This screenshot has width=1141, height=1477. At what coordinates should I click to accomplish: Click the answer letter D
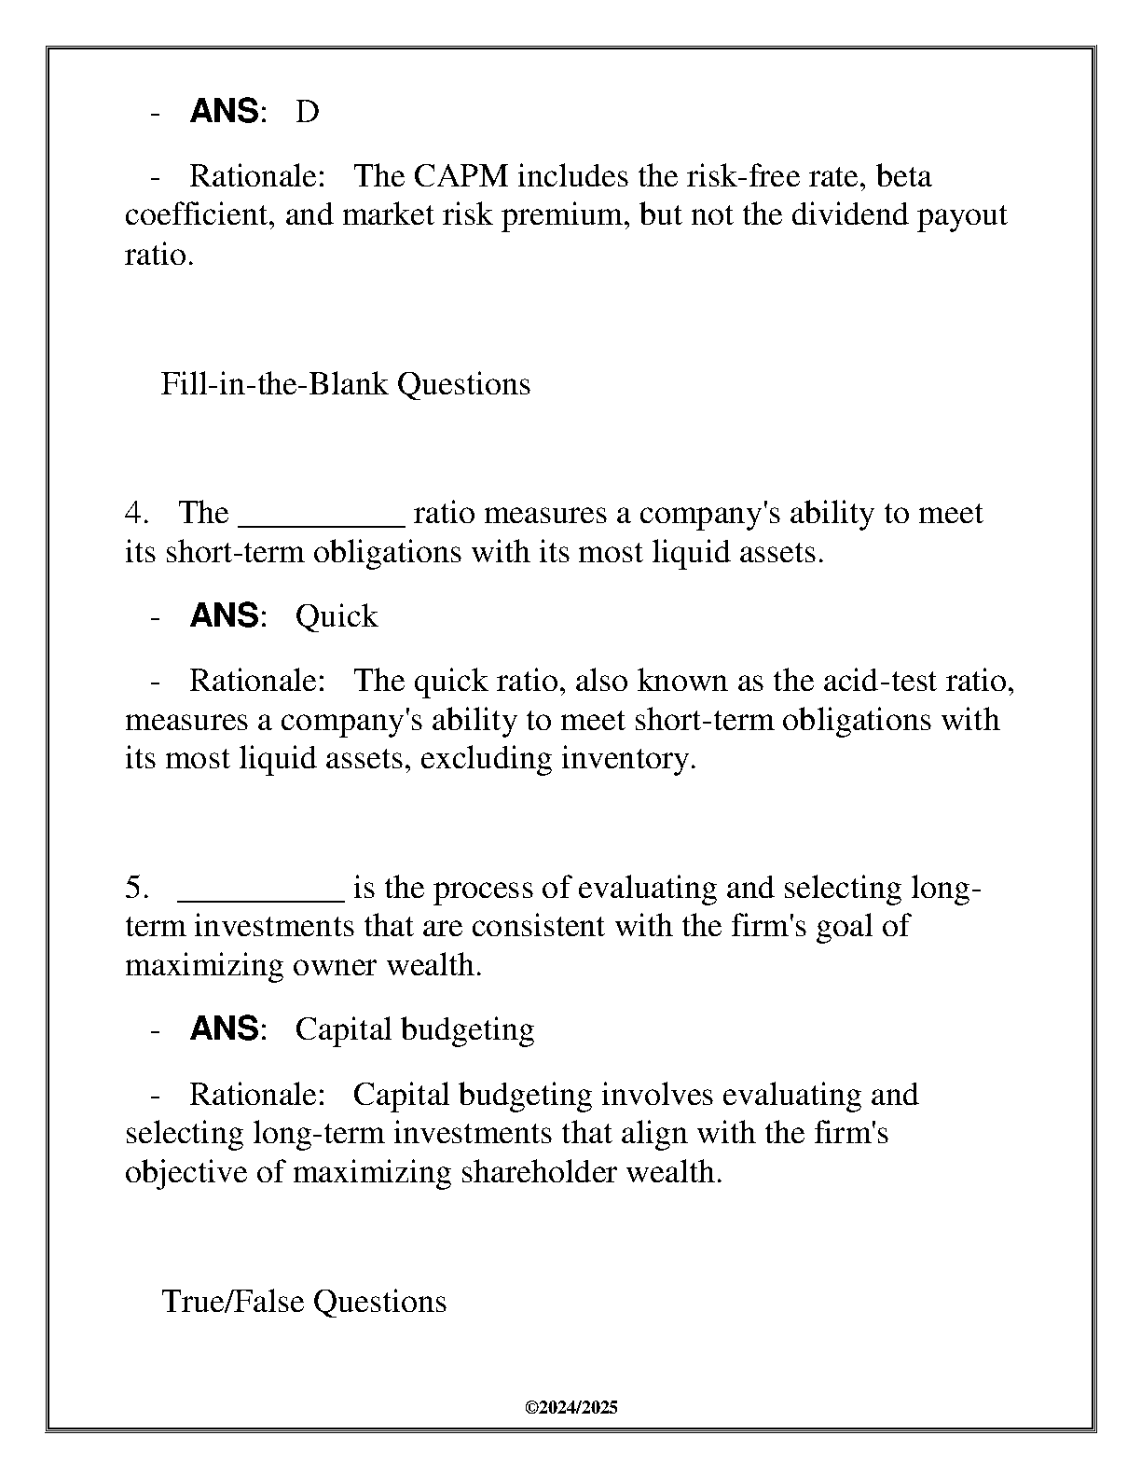click(307, 112)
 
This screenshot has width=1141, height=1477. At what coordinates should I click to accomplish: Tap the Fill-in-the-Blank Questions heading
click(346, 384)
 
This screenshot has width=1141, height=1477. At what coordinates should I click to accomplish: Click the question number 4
click(136, 514)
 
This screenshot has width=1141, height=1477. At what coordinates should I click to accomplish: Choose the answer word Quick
click(337, 616)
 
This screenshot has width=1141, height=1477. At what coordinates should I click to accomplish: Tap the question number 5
click(136, 888)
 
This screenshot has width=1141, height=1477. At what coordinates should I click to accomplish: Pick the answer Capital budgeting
click(415, 1029)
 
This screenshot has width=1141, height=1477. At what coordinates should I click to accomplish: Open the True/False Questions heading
click(304, 1302)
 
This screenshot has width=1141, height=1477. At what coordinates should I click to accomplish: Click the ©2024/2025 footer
click(571, 1408)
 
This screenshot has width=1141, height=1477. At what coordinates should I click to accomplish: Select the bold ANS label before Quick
click(224, 616)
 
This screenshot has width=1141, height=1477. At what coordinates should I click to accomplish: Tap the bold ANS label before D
click(224, 112)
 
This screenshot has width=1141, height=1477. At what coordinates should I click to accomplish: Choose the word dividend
click(850, 215)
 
